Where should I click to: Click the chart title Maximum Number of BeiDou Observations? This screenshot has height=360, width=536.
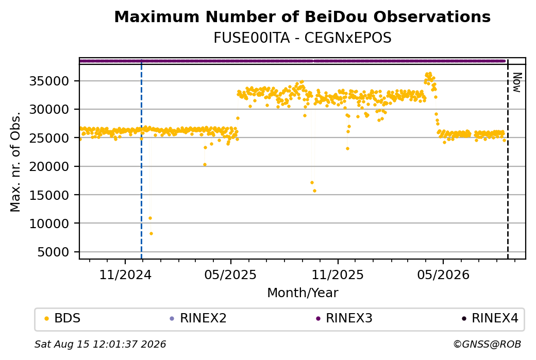pyautogui.click(x=302, y=16)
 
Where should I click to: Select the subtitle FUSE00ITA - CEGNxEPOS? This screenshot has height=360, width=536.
pyautogui.click(x=302, y=38)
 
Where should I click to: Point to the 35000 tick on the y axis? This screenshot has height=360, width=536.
pyautogui.click(x=49, y=81)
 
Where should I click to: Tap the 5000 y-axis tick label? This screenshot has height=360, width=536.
pyautogui.click(x=53, y=252)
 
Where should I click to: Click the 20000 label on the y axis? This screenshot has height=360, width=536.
pyautogui.click(x=49, y=167)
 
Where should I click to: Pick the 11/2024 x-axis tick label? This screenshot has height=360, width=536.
pyautogui.click(x=125, y=275)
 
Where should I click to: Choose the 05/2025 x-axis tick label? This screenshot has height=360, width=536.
pyautogui.click(x=230, y=275)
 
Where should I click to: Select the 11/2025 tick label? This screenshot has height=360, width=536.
pyautogui.click(x=338, y=275)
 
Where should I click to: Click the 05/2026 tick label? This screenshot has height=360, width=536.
pyautogui.click(x=443, y=275)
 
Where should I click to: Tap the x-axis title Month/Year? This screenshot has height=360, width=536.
pyautogui.click(x=303, y=293)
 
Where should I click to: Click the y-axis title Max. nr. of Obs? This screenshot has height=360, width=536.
pyautogui.click(x=15, y=162)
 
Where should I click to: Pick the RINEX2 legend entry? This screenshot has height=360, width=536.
pyautogui.click(x=198, y=318)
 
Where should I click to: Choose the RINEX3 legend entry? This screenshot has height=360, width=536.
pyautogui.click(x=344, y=318)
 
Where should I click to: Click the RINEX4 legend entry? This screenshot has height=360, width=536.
pyautogui.click(x=490, y=318)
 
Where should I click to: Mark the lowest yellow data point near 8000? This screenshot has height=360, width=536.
pyautogui.click(x=151, y=234)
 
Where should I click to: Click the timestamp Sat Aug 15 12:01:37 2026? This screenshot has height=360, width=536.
pyautogui.click(x=100, y=344)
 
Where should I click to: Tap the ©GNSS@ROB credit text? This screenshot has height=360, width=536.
pyautogui.click(x=487, y=344)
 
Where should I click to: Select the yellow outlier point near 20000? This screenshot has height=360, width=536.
pyautogui.click(x=205, y=165)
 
